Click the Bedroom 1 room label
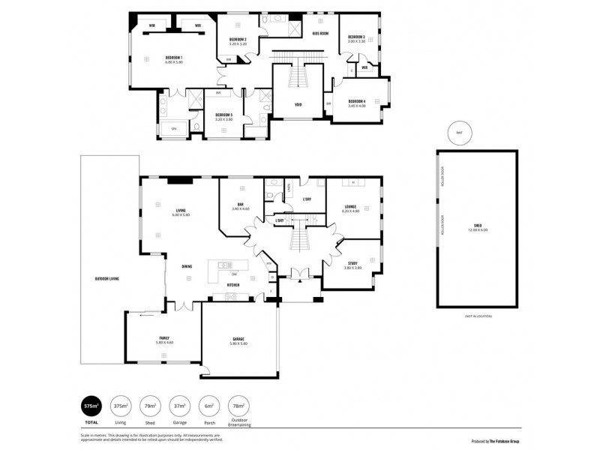pos(174,58)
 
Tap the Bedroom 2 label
pos(238,39)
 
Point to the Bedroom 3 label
pos(356,37)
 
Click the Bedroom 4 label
pos(356,101)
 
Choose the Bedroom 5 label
pos(223,115)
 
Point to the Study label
pos(352,263)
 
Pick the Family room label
pos(163,337)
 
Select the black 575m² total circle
pos(91,406)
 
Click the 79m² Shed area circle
pos(150,406)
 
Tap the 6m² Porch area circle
pos(208,406)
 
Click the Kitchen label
pos(233,285)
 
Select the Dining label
pos(187,266)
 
